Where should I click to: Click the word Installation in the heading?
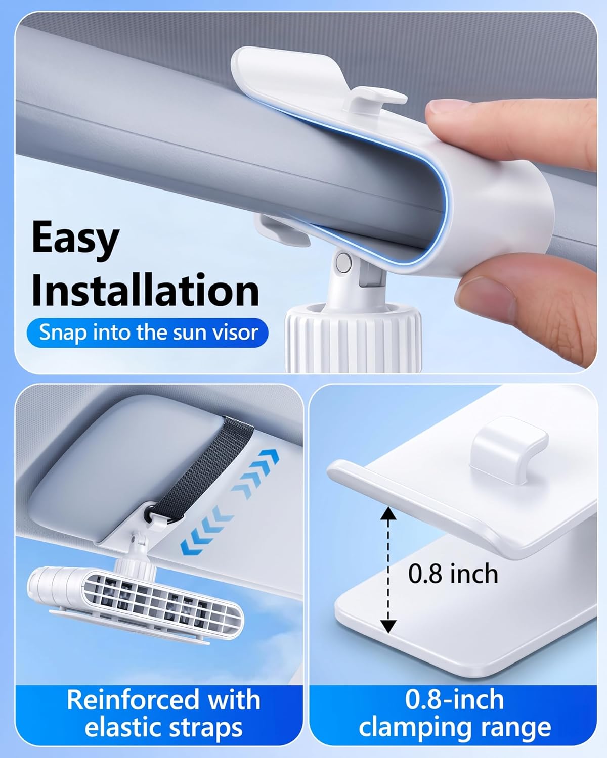145,291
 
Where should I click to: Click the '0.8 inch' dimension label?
453,574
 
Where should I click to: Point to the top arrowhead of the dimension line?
388,512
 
